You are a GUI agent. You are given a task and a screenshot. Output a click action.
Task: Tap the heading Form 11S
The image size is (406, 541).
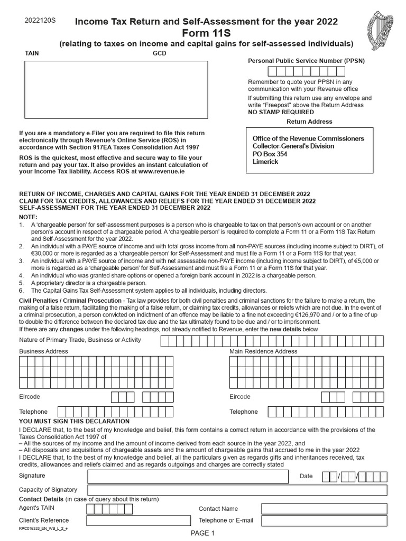[x=206, y=33]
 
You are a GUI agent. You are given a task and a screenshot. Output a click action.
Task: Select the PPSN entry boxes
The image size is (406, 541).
[x=306, y=71]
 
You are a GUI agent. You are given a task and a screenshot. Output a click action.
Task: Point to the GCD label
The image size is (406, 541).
[x=160, y=53]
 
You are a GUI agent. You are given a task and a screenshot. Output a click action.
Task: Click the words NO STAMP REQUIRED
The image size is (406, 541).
[x=281, y=112]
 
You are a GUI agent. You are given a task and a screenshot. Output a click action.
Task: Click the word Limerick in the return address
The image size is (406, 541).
[x=265, y=162]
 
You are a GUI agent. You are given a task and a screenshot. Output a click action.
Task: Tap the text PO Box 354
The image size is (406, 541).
[x=270, y=154]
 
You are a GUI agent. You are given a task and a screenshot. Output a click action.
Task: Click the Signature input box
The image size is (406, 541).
[x=188, y=476]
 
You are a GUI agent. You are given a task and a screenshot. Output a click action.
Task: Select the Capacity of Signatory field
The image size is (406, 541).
[x=237, y=490]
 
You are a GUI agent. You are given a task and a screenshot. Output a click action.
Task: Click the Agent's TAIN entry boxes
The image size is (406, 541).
[x=109, y=509]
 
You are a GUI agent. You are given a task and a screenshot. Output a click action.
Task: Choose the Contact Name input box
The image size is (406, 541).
[x=324, y=509]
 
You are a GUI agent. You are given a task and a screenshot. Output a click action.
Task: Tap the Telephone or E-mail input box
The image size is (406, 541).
[x=324, y=520]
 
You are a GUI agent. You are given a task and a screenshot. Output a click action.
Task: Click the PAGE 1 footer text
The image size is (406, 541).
[x=203, y=533]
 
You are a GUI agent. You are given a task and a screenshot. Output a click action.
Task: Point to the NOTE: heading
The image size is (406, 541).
[x=28, y=217]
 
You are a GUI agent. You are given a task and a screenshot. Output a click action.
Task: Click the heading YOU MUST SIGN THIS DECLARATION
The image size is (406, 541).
[x=74, y=421]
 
